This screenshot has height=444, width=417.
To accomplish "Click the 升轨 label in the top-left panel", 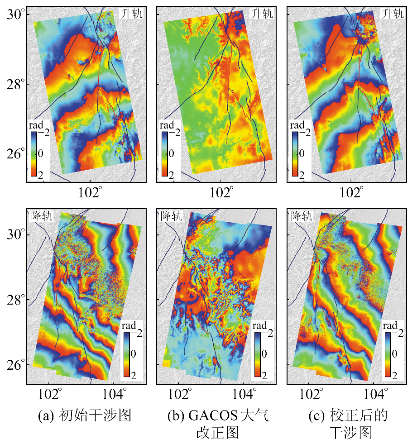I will pos(132,14).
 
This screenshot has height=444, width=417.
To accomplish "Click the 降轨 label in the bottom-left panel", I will pos(42,215).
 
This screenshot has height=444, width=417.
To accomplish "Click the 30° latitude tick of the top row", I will pos(14,14).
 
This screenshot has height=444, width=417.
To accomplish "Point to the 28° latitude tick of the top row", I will pos(14,85).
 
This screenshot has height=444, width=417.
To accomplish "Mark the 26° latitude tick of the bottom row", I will pos(14,365).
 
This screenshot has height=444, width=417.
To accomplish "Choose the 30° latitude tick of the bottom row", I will pos(14,235).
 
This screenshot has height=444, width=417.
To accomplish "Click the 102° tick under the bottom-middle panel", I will pos(179,392).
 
